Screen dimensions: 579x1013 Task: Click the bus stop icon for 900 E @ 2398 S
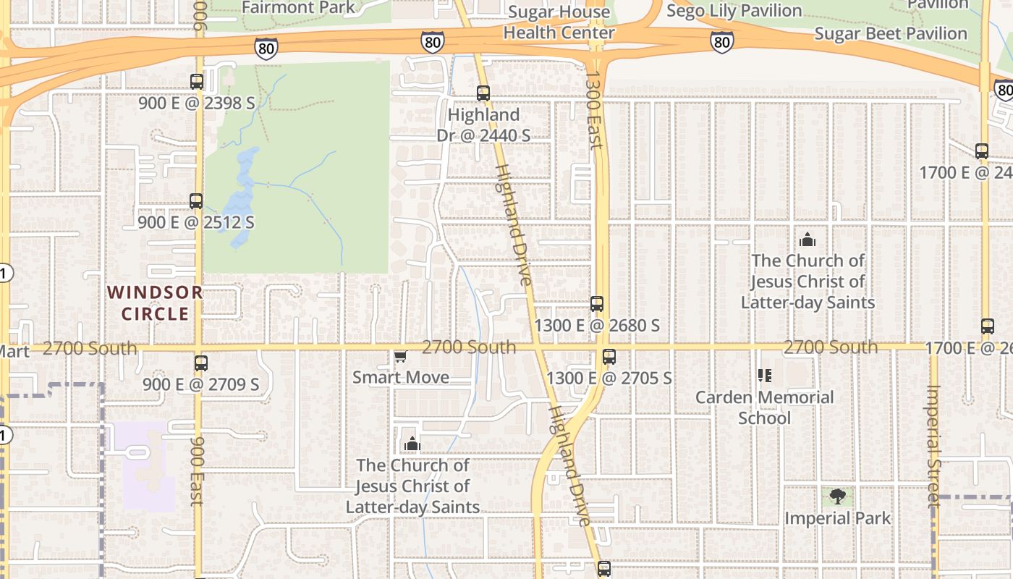pyautogui.click(x=196, y=82)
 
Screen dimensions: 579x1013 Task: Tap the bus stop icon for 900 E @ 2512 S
pyautogui.click(x=195, y=201)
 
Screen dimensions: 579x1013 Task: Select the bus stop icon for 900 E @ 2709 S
pyautogui.click(x=200, y=363)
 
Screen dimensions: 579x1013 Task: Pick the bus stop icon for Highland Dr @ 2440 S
pyautogui.click(x=483, y=93)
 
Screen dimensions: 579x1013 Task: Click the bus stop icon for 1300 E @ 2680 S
pyautogui.click(x=596, y=304)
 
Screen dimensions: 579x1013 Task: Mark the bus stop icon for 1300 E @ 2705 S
pyautogui.click(x=609, y=357)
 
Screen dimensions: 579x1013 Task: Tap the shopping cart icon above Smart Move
pyautogui.click(x=400, y=356)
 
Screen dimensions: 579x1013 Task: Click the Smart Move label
pyautogui.click(x=401, y=377)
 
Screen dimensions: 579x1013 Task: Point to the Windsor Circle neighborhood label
pyautogui.click(x=155, y=303)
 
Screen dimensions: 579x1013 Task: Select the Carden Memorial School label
pyautogui.click(x=764, y=407)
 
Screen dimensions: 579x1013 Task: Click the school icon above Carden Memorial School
pyautogui.click(x=764, y=375)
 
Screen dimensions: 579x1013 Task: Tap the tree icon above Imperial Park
pyautogui.click(x=837, y=496)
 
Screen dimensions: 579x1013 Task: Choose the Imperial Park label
pyautogui.click(x=837, y=518)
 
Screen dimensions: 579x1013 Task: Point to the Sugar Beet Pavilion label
pyautogui.click(x=890, y=34)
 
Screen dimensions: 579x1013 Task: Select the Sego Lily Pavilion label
pyautogui.click(x=734, y=11)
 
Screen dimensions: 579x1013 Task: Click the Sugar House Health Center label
pyautogui.click(x=559, y=22)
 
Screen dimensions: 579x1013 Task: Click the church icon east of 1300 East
pyautogui.click(x=807, y=240)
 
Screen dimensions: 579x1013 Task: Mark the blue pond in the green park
pyautogui.click(x=243, y=195)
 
